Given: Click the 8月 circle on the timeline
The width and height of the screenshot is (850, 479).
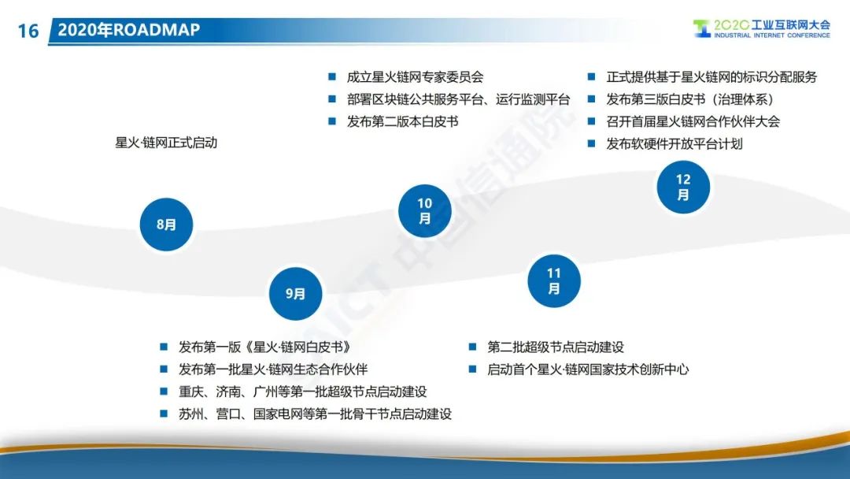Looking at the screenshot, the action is coord(166,224).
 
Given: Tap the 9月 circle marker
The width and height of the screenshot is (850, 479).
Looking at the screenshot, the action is coord(295,294).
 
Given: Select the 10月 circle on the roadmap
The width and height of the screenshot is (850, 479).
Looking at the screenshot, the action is coord(424,210).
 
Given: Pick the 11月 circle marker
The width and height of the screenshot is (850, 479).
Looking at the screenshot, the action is coord(554,280).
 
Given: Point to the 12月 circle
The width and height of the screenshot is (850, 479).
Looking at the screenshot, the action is coord(683,187).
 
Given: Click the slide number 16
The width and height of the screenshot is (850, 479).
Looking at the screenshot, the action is coord(28,31).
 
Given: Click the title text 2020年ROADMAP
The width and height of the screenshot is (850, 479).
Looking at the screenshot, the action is coord(129,29).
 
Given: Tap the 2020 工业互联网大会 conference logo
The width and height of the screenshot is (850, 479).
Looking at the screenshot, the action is coord(761,28).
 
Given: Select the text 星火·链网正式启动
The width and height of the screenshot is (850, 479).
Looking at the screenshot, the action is coord(166,143).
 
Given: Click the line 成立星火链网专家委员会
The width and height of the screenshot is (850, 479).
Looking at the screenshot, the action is coord(416,77).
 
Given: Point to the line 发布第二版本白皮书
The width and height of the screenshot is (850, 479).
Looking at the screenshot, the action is coord(403,121).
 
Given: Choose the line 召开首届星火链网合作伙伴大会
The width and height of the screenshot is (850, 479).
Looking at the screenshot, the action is coord(693,121).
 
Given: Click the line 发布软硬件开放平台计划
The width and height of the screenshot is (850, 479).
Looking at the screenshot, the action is coord(674,143).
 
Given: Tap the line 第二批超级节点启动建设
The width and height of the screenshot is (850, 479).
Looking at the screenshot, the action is coord(556,347).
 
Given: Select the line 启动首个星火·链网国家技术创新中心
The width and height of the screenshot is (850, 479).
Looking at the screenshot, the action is coord(588,369).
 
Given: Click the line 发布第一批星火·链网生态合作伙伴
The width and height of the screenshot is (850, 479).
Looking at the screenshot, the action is coord(273,369).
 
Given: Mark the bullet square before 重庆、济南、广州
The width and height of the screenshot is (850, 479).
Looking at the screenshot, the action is coord(164,391).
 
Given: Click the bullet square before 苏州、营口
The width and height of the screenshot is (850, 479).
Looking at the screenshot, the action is coord(164,414).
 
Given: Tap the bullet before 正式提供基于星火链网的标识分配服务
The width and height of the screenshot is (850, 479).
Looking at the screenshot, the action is coord(591,77).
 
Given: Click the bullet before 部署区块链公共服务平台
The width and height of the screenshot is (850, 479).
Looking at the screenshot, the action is coord(332,99).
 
